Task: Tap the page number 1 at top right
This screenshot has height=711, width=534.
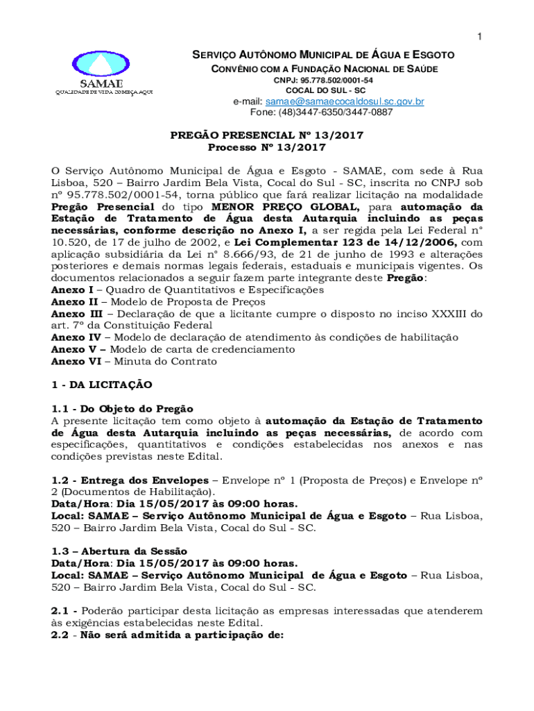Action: (x=479, y=36)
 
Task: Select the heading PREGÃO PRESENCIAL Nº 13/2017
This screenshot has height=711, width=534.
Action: (x=267, y=135)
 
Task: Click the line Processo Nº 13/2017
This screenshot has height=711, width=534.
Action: (x=267, y=147)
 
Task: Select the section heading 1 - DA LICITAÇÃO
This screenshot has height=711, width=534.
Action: (x=101, y=385)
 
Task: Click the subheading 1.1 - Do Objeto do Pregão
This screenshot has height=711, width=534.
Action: (x=122, y=408)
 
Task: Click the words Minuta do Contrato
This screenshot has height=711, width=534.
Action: (x=166, y=361)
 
